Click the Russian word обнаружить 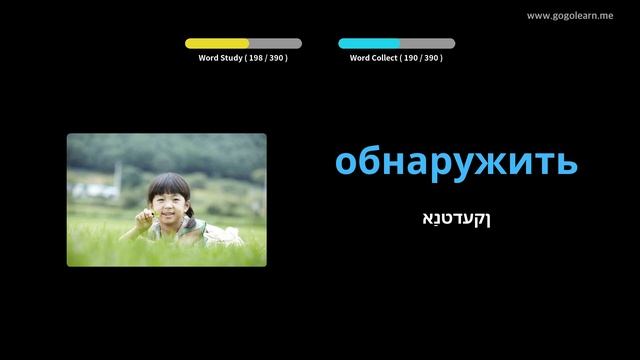coord(456,162)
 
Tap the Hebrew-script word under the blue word coord(456,217)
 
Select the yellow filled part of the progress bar coord(216,44)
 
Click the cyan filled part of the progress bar coord(368,44)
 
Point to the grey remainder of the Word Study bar coord(275,44)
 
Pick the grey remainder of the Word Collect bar coord(427,44)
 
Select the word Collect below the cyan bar coord(381,58)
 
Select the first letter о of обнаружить coord(346,163)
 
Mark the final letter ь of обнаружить coord(567,162)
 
